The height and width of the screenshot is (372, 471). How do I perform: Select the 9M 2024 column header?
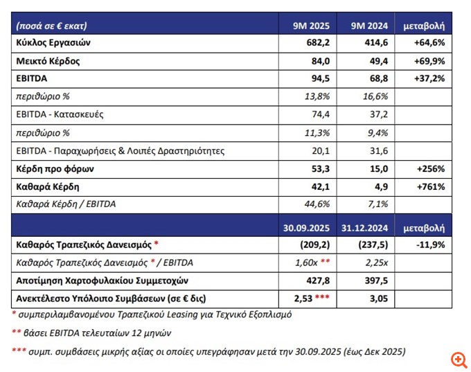[366, 26]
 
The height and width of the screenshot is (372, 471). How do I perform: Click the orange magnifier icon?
[458, 360]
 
